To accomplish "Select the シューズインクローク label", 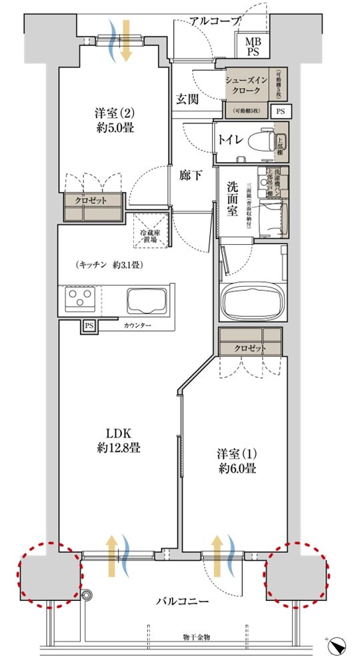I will (x=246, y=85).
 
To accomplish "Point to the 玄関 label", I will (x=187, y=99).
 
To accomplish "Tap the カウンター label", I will (x=137, y=325).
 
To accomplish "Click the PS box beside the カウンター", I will (x=89, y=326).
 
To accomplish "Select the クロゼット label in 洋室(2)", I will (x=93, y=200).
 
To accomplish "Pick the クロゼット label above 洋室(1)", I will (x=250, y=348).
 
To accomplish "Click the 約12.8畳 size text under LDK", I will (x=117, y=448).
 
